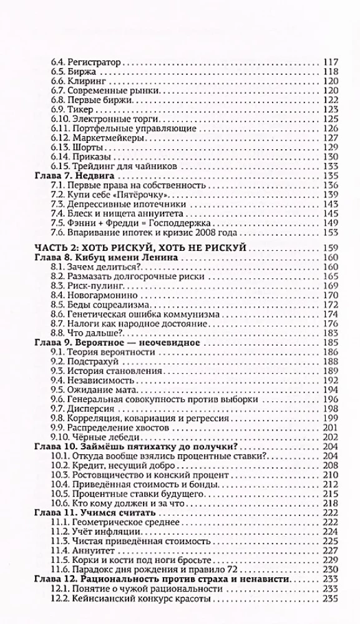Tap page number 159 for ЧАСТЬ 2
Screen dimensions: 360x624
(329, 249)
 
